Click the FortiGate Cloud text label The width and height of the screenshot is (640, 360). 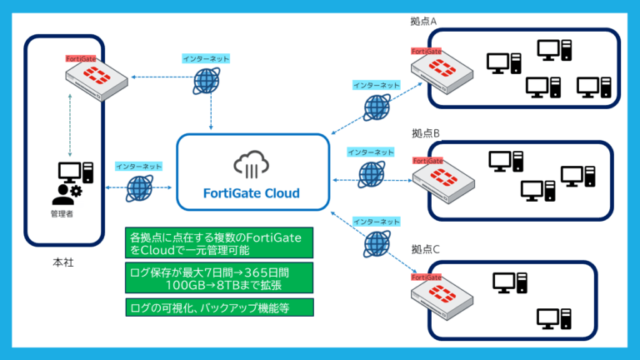[252, 193]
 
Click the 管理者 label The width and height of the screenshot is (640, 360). [64, 213]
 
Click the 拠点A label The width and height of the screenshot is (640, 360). [424, 21]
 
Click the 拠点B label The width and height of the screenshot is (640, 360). [424, 133]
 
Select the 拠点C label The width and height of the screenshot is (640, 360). [424, 249]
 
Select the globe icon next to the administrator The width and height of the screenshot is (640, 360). [139, 188]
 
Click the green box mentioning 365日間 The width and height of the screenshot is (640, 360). [219, 277]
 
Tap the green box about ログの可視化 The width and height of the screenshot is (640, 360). [219, 307]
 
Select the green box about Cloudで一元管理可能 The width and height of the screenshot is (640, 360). [219, 242]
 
